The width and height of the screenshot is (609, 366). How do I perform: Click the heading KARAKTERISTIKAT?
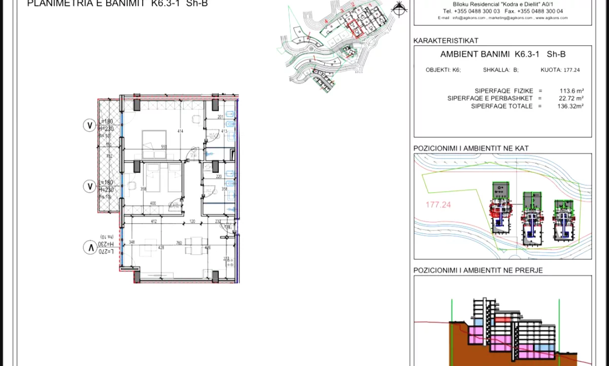446,41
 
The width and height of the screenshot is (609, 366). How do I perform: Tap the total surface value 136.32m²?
570,106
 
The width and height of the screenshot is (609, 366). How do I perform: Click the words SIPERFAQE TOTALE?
501,106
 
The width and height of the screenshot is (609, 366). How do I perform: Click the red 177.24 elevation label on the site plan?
438,205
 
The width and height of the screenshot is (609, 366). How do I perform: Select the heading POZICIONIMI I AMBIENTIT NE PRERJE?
478,270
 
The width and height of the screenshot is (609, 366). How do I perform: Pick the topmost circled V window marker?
90,126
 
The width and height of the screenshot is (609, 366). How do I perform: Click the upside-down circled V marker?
90,248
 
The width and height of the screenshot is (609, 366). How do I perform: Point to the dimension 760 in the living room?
179,243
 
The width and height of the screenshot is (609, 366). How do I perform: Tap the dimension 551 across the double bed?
164,147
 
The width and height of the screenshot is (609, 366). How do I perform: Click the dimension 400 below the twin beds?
153,203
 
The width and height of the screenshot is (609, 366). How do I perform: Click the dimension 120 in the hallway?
192,221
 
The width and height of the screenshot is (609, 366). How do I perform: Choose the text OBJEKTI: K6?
443,70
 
